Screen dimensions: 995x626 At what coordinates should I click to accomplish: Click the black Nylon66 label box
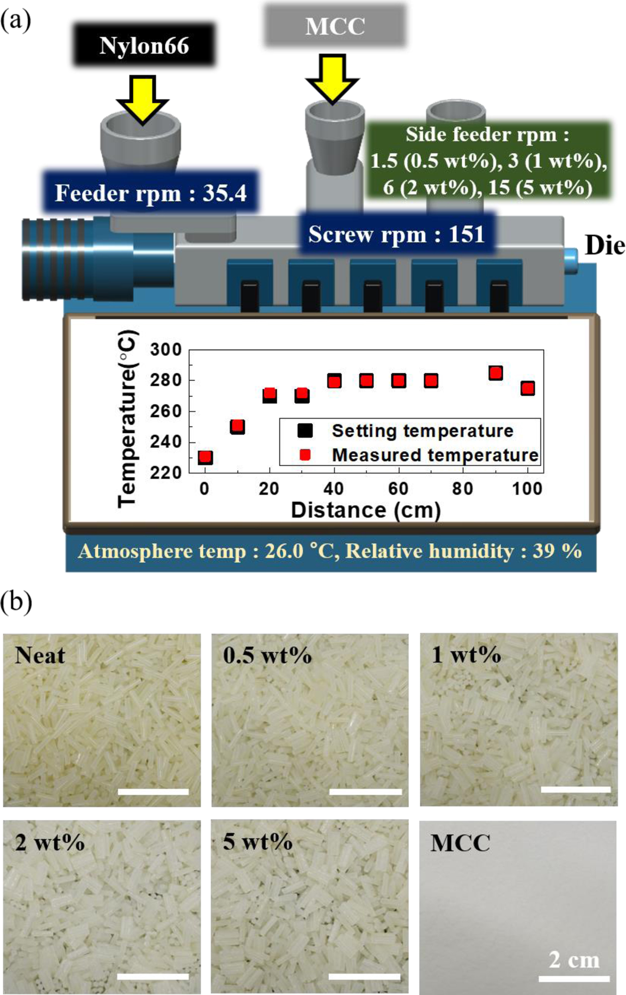(x=144, y=45)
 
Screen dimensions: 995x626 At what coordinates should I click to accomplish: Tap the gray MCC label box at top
(x=335, y=26)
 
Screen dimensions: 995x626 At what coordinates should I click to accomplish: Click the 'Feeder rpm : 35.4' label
(x=151, y=193)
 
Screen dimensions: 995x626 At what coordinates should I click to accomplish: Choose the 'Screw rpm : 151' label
(x=396, y=234)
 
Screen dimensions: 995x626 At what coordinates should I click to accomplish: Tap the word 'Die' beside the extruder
(x=604, y=245)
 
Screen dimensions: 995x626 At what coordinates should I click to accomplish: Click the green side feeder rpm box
(x=488, y=161)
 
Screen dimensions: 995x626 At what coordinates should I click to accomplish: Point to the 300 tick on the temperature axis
(x=166, y=350)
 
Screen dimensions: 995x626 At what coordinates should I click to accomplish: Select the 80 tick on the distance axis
(x=462, y=489)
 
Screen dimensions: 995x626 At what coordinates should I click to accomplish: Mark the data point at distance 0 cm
(x=205, y=457)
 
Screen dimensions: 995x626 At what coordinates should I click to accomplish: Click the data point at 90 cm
(x=495, y=373)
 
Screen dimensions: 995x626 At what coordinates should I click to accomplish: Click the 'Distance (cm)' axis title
(x=366, y=510)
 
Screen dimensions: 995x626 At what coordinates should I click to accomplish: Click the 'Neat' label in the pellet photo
(x=40, y=656)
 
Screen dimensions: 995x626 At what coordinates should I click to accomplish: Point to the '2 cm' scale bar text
(x=574, y=960)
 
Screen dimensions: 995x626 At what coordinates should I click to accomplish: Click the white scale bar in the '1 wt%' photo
(x=575, y=789)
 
